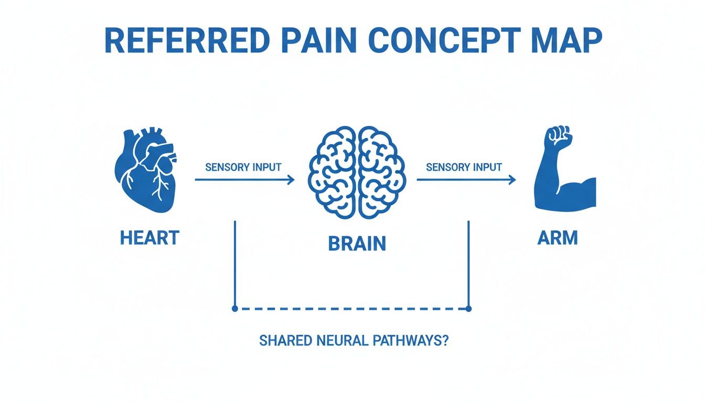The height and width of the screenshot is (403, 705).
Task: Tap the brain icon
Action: [x=357, y=171]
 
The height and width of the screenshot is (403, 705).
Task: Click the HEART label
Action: [x=149, y=238]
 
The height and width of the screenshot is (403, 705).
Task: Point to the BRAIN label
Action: [x=357, y=243]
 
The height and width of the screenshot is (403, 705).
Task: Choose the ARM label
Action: [x=558, y=238]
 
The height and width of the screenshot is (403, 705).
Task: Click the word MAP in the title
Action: [x=566, y=40]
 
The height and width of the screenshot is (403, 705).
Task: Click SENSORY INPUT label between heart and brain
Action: [x=243, y=167]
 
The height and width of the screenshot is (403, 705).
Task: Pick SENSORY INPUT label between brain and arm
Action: [x=464, y=167]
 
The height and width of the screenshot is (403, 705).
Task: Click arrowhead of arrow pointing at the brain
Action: [x=290, y=180]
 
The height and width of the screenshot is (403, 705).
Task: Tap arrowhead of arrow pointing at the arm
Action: [x=511, y=180]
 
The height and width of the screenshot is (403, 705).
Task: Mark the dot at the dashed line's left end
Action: [x=235, y=309]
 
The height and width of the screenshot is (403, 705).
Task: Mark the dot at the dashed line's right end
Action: [x=468, y=309]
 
